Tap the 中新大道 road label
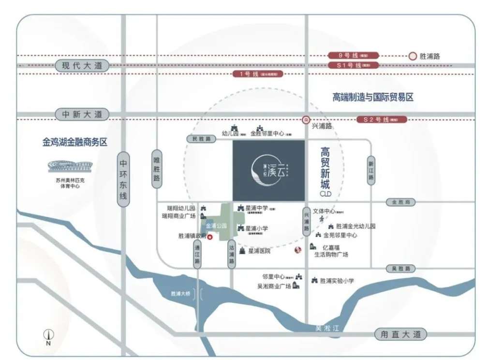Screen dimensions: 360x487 coord(82,115)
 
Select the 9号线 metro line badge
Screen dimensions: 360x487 coord(353,56)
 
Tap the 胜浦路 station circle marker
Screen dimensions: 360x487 coord(413,56)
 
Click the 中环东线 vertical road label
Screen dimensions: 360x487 coord(123,180)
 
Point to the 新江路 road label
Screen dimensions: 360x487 coord(371,170)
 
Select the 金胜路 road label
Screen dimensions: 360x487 coord(400,202)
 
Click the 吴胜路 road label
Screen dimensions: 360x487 coord(400,268)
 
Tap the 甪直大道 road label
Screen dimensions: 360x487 coord(400,334)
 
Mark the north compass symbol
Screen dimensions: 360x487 coord(48,334)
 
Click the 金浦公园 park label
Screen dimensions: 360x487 coord(216,226)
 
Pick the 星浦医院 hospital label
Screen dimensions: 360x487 coord(259,251)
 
